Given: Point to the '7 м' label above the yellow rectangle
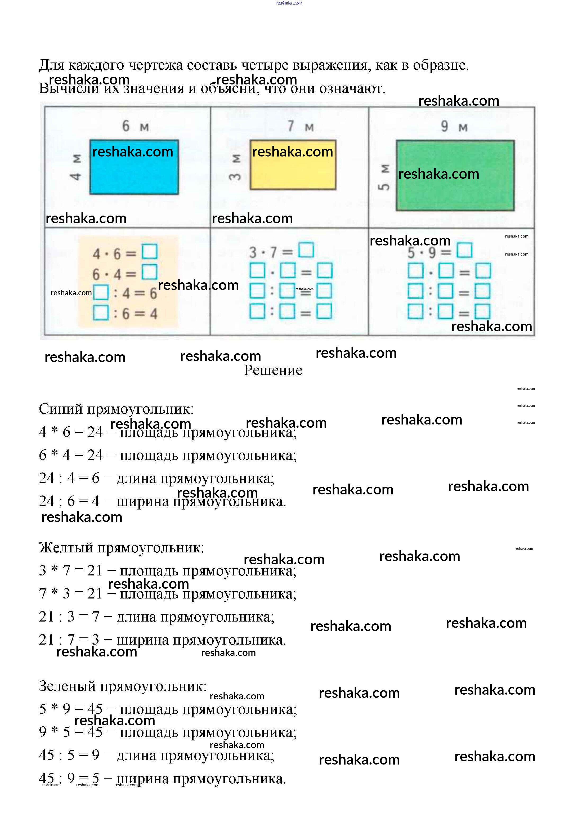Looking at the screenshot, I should click(300, 126).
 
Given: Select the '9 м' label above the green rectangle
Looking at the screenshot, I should click(454, 126).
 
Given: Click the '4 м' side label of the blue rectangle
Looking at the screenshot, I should click(76, 167).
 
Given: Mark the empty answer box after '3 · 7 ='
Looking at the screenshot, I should click(306, 250).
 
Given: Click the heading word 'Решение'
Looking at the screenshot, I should click(273, 370).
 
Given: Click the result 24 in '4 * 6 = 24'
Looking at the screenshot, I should click(95, 432).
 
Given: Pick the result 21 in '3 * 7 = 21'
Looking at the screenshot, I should click(95, 571).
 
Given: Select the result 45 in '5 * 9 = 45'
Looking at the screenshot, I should click(95, 709).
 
